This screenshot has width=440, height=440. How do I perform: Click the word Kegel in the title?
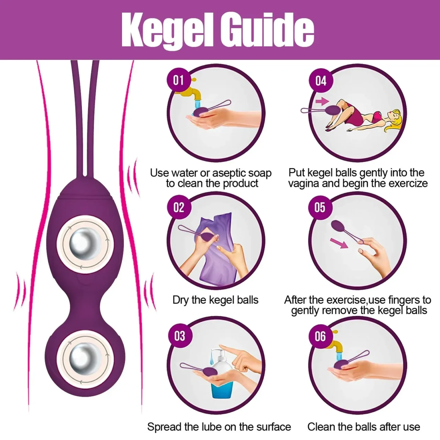click(x=167, y=30)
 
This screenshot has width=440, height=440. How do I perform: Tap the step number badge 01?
click(x=178, y=80)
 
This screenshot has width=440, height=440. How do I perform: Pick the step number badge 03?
click(x=180, y=336)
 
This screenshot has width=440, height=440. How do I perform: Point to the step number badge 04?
click(x=321, y=80)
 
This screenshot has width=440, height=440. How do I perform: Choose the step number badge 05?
click(x=320, y=208)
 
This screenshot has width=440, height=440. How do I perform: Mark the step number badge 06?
click(x=320, y=336)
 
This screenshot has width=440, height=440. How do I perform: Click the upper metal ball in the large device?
click(x=85, y=244)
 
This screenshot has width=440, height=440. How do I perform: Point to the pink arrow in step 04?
click(x=322, y=101)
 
